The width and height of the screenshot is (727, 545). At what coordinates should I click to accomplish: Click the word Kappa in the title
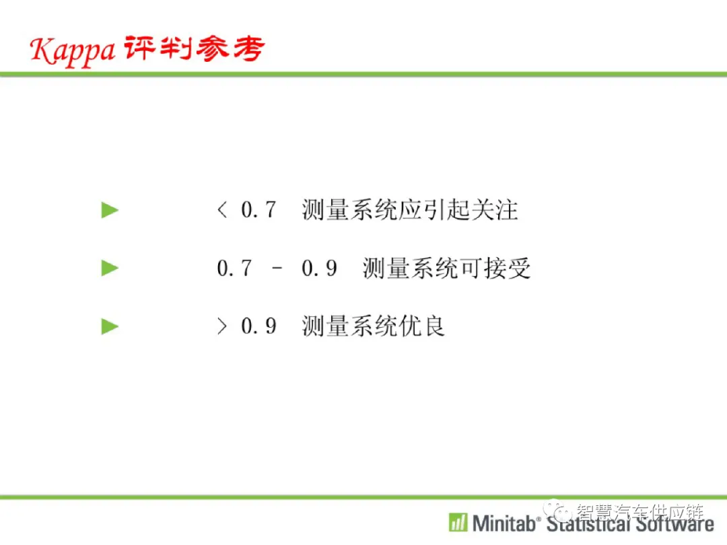click(72, 50)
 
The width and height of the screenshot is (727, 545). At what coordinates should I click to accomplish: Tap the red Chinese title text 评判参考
click(195, 48)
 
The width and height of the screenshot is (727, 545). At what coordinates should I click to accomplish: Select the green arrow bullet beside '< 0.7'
click(110, 210)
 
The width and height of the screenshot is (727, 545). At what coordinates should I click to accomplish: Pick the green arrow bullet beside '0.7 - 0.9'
click(110, 268)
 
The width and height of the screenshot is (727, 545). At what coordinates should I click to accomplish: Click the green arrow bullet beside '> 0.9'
click(110, 326)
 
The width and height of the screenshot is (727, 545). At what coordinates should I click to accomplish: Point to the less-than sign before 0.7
click(222, 210)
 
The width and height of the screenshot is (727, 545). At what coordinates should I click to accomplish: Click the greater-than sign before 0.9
click(222, 326)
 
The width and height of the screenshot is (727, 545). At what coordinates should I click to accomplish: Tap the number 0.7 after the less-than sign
click(258, 209)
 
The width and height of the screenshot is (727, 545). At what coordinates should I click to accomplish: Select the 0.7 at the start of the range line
click(235, 268)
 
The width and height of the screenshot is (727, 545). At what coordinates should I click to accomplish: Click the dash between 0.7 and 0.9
click(277, 268)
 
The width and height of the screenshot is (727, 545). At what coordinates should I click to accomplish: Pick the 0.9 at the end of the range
click(320, 268)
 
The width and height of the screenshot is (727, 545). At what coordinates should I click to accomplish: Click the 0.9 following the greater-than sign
click(258, 326)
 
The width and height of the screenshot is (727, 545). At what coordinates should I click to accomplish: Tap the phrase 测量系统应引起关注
click(410, 210)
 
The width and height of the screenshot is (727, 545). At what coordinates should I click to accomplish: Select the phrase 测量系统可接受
click(446, 268)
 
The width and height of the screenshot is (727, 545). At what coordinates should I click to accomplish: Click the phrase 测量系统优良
click(373, 326)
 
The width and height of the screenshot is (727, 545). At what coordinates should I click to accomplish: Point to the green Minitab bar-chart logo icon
click(458, 522)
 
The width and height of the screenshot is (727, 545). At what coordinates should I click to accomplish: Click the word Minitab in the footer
click(504, 523)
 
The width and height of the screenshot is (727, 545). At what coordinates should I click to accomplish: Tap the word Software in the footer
click(675, 523)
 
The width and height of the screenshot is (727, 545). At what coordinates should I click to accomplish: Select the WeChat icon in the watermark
click(557, 511)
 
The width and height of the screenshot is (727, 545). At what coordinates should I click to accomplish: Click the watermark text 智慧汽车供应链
click(640, 512)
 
